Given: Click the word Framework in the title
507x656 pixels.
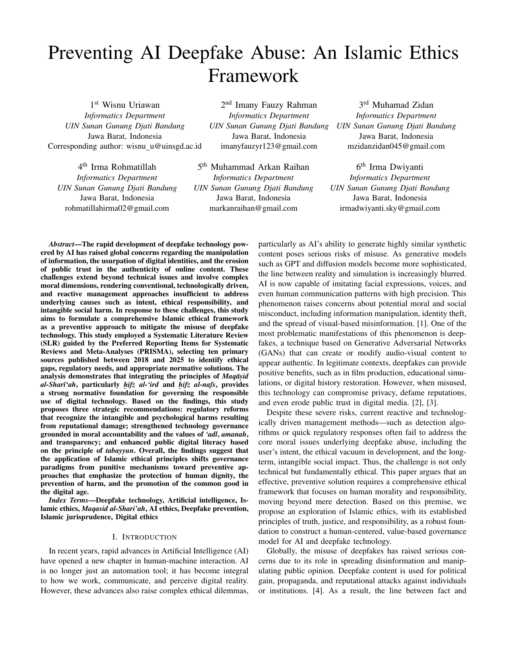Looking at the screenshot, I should click(253, 76).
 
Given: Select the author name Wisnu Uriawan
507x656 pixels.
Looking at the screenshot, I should click(131, 105).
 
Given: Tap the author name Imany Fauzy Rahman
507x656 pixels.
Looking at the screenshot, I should click(276, 105).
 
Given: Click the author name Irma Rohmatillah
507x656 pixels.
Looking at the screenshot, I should click(124, 167).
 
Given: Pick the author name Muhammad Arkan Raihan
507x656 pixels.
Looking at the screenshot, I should click(260, 167).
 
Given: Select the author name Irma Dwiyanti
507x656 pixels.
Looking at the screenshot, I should click(396, 167).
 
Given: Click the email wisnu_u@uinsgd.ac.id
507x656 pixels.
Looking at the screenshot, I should click(164, 146).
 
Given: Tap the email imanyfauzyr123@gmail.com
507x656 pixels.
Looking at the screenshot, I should click(269, 146).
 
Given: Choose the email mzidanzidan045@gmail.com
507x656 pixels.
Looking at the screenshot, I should click(396, 146).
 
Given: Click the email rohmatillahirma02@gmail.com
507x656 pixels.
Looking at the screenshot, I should click(117, 208).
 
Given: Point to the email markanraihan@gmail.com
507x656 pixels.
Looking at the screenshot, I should click(253, 208).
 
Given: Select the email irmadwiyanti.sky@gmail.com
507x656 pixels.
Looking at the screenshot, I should click(390, 208).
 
